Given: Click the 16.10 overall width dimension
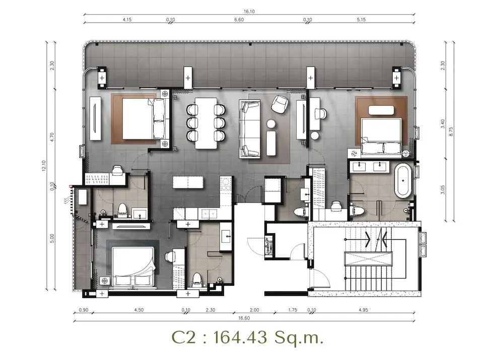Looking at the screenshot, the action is [x=249, y=12].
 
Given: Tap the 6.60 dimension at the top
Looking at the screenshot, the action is [x=239, y=20].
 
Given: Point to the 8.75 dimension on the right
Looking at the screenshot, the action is [x=451, y=131].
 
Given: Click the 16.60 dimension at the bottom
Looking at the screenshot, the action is [x=244, y=318].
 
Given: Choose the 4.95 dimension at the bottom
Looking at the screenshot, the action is [x=363, y=310].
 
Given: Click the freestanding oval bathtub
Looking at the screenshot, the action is [x=403, y=181].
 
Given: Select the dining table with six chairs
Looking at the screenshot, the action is [x=206, y=123].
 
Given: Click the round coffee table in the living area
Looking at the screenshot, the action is [x=271, y=124].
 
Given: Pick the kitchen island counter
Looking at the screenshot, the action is [x=188, y=182].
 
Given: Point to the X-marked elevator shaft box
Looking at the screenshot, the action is [x=368, y=258].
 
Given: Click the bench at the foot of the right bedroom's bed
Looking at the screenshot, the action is [x=381, y=110].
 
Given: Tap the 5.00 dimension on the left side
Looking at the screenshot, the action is [x=52, y=238].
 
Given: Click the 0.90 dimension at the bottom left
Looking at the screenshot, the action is [x=84, y=310].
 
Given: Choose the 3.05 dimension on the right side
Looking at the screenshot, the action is [x=443, y=189].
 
